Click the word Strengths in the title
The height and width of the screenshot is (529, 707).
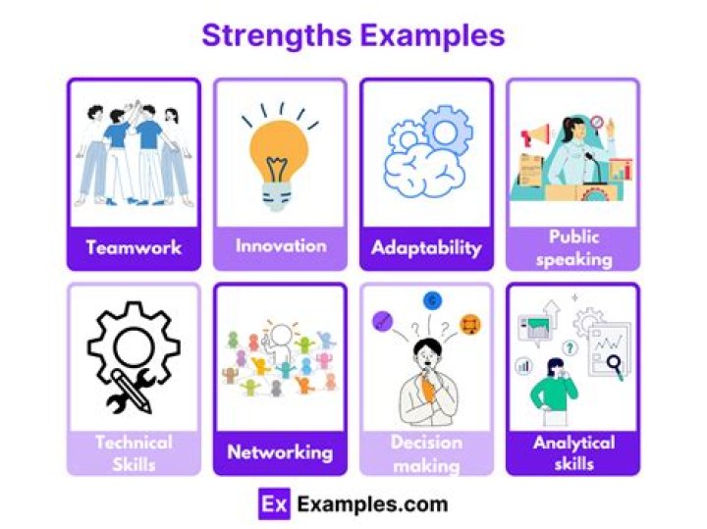click(276, 36)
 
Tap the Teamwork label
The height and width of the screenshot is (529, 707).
click(134, 247)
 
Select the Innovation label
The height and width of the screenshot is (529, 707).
click(280, 245)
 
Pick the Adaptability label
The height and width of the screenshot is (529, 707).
click(426, 247)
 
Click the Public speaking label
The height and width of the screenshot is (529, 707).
click(573, 248)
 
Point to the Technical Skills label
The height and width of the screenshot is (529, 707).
click(134, 452)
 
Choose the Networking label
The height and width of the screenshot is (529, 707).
click(280, 452)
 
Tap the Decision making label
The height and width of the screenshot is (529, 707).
click(426, 453)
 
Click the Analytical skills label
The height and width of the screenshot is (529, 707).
click(573, 452)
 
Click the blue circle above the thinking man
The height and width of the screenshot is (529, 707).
click(431, 301)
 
